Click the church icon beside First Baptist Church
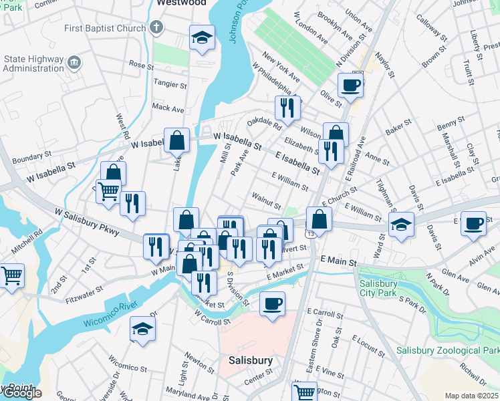coord(156,28)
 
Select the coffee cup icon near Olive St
coord(350,85)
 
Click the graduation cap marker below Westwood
coord(201,38)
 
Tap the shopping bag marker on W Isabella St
coord(176,140)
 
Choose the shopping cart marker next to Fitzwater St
coord(11,275)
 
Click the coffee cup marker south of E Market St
coord(272,303)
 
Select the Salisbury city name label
coord(251,360)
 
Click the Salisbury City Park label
coord(388,288)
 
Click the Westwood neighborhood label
coord(180,3)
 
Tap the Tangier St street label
coord(170,84)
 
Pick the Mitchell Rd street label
coord(29,243)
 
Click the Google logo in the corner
coord(21,393)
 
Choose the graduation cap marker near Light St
coord(142,329)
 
